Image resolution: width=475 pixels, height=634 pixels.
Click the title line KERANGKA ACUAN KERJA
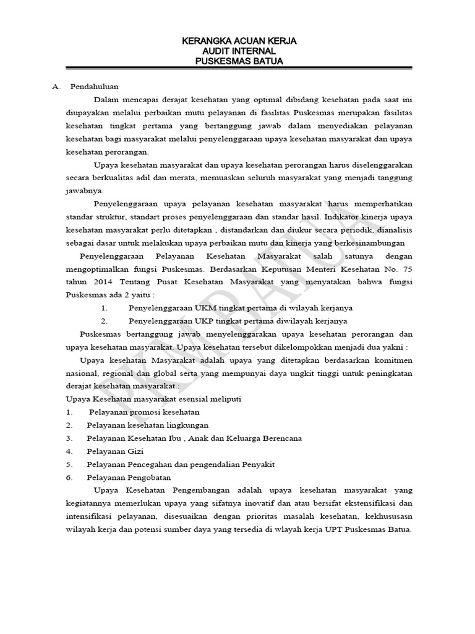coord(238,41)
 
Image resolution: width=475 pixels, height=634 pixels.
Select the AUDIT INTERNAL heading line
coord(238,51)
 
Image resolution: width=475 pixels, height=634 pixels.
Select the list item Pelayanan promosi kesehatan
coord(144,412)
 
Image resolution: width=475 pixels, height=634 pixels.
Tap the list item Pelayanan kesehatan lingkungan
coord(147,425)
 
